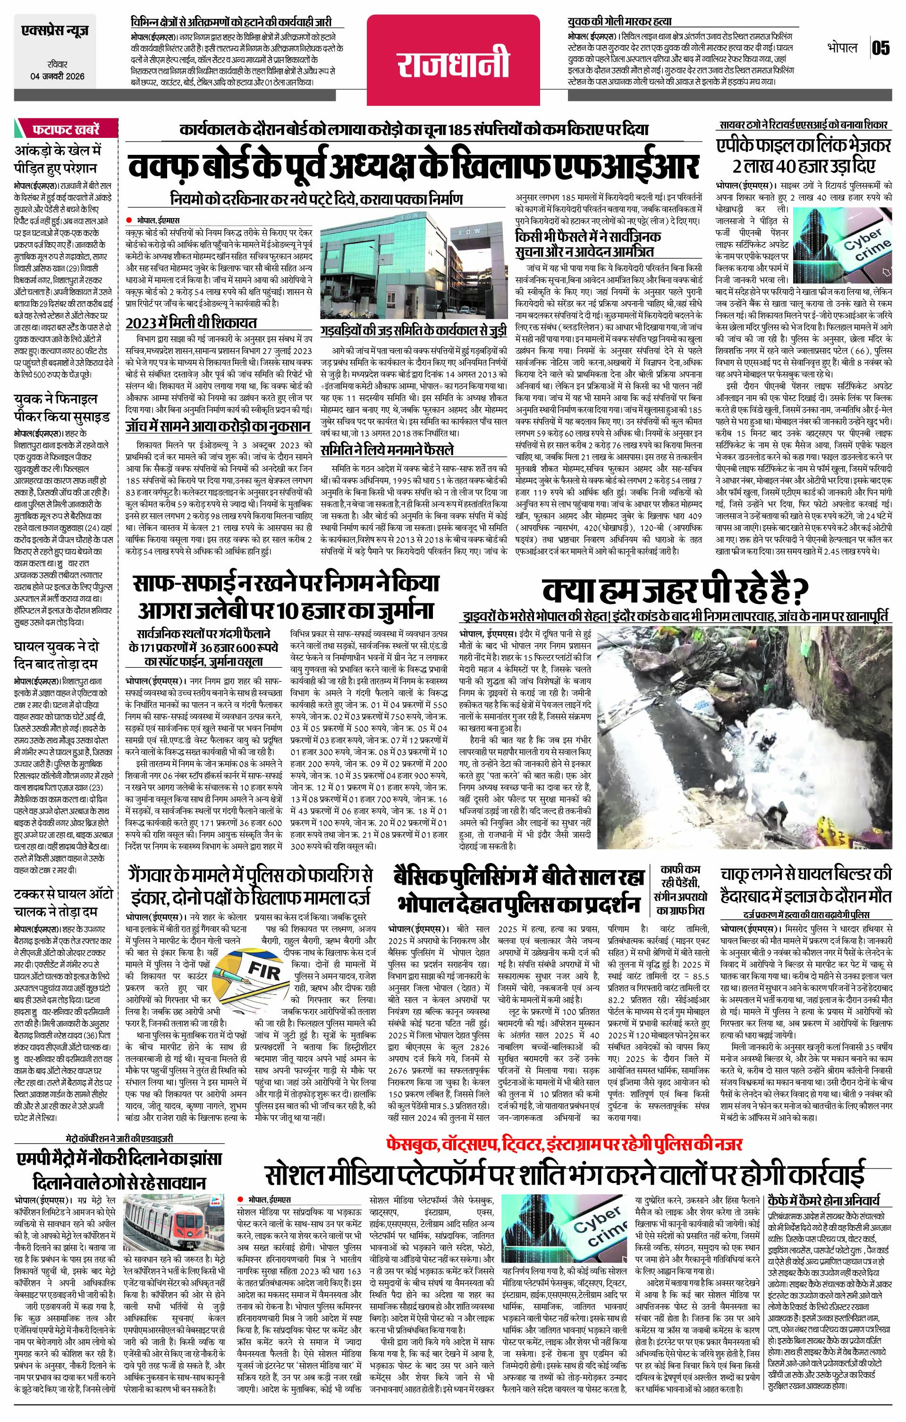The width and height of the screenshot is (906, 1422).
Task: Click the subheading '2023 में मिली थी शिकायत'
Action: (190, 323)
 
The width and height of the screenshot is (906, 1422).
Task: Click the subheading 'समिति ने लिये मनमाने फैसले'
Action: (386, 449)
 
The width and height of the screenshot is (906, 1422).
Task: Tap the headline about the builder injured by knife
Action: (805, 884)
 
